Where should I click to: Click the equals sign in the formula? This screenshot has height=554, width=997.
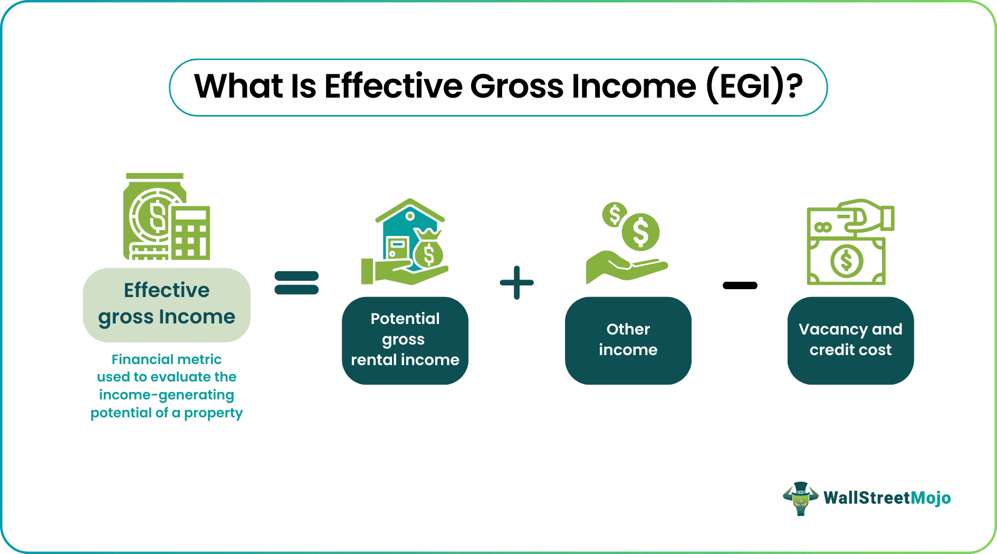click(296, 282)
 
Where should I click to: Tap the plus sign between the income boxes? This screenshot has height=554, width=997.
click(516, 283)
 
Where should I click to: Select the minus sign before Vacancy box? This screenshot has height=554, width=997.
click(740, 285)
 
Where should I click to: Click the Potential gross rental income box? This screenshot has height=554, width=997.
click(405, 340)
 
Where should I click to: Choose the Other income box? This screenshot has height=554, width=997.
click(628, 340)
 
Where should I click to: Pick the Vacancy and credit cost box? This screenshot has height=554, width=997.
click(850, 340)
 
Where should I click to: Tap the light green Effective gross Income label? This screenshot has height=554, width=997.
click(167, 304)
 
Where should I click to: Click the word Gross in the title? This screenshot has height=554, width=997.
click(516, 87)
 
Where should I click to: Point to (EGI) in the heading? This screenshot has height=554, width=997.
click(745, 87)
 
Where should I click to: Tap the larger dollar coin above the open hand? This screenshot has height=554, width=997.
click(640, 232)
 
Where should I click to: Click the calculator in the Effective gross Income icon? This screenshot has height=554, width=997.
click(190, 233)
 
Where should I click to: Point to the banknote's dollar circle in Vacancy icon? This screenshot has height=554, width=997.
click(846, 261)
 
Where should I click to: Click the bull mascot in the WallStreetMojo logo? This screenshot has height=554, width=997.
click(800, 498)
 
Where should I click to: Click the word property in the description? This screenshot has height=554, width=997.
click(213, 413)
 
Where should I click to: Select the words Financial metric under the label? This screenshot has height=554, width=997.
click(167, 359)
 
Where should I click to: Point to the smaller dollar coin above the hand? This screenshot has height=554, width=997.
click(615, 215)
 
